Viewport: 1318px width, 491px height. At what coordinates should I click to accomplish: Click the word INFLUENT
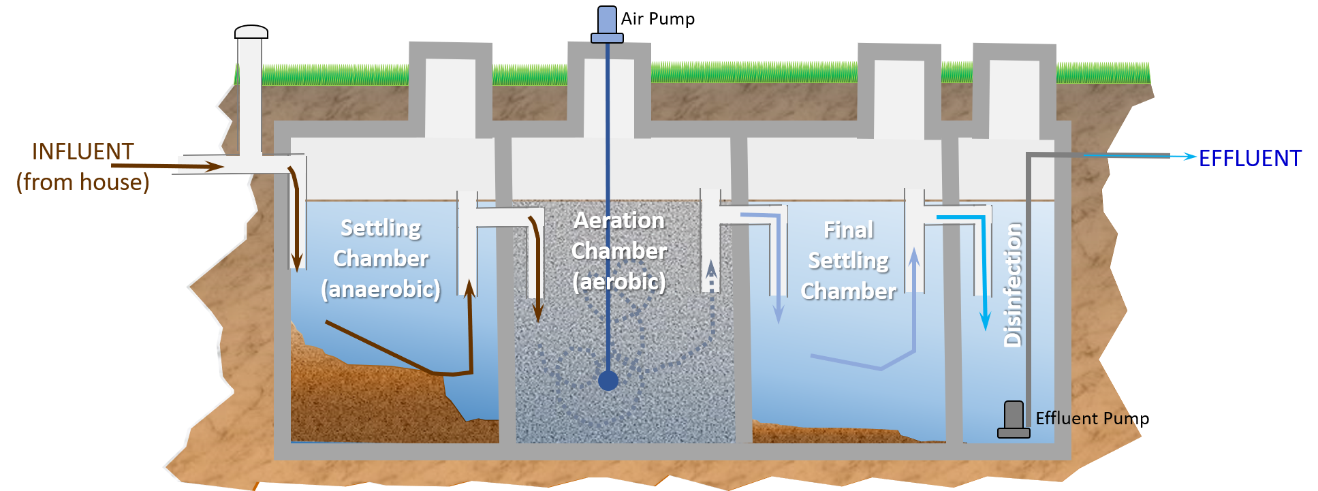coord(82,151)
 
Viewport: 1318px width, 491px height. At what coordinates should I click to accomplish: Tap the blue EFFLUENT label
coord(1250,158)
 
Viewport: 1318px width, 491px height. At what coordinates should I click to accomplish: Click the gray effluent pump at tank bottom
coord(1014,419)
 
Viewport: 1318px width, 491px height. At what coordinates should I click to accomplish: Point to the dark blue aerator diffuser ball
coord(608,380)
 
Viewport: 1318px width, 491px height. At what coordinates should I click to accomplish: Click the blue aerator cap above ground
coord(607,22)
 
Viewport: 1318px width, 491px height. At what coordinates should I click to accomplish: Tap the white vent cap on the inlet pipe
coord(251,32)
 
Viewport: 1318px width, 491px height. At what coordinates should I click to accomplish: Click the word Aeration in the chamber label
coord(618,221)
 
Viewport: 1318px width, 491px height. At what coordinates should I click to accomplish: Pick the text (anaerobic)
coord(381,289)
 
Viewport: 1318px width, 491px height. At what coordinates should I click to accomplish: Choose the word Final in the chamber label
coord(849,230)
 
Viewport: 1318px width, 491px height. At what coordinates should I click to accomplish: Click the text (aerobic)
coord(618,281)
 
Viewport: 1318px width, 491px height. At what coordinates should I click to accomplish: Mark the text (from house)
coord(82,182)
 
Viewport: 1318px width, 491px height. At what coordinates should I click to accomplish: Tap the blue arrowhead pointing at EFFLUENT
coord(1190,157)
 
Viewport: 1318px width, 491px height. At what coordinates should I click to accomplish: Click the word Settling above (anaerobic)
coord(381,227)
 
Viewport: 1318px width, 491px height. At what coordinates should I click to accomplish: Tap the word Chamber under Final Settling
coord(849,291)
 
